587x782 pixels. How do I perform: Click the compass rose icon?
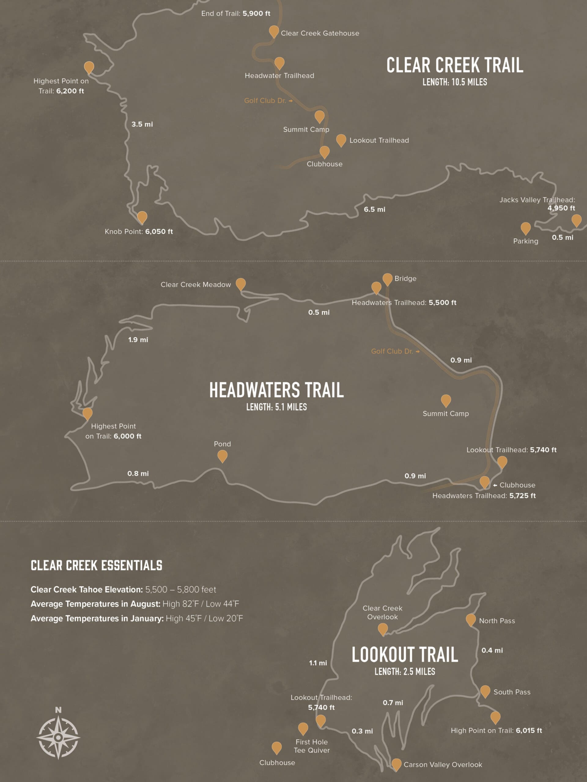click(x=58, y=737)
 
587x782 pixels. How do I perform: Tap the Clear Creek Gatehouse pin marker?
click(x=274, y=31)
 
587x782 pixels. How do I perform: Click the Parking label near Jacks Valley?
click(x=526, y=241)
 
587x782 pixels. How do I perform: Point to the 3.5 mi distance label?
click(x=142, y=124)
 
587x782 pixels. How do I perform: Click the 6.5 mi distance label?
click(x=374, y=209)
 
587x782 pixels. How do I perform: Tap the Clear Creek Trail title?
click(x=455, y=65)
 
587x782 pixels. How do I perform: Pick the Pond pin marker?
click(x=222, y=456)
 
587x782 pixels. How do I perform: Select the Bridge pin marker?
click(x=387, y=279)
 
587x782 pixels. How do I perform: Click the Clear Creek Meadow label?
click(x=196, y=285)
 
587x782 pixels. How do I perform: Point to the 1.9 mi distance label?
click(x=138, y=340)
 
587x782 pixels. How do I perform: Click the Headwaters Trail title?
click(x=276, y=390)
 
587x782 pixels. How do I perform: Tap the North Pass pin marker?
click(x=471, y=619)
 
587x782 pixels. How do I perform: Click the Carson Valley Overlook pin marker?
click(x=396, y=764)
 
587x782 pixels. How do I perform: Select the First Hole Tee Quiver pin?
click(x=303, y=728)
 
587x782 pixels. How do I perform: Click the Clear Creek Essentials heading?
click(x=97, y=565)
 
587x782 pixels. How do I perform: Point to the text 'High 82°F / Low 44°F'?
click(x=201, y=604)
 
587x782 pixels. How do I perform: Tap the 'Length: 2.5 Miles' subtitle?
click(x=405, y=671)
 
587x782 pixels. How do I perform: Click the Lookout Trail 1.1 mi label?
click(x=318, y=663)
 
